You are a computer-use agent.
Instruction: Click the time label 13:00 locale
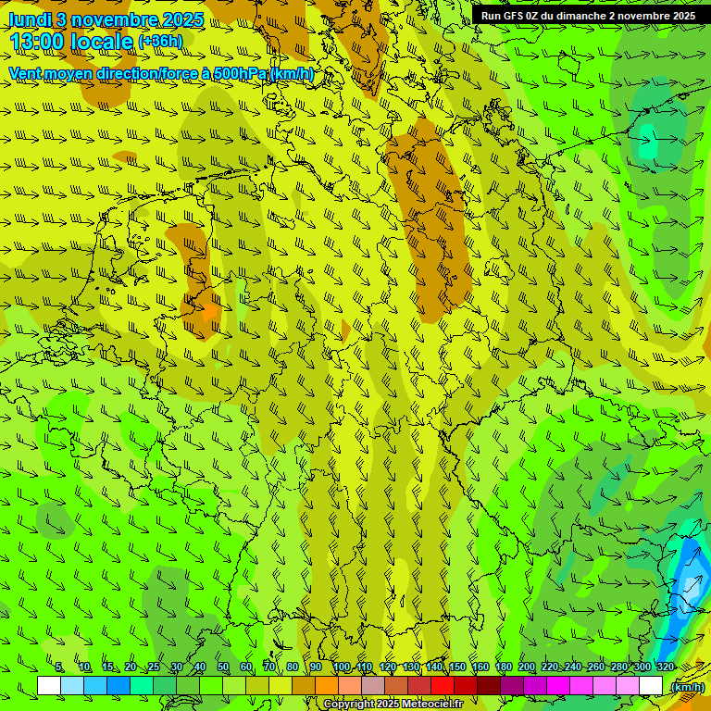(71, 42)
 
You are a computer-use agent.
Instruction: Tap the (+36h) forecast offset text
(160, 42)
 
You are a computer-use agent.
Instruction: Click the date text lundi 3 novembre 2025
(106, 19)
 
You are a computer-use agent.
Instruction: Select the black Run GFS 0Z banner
(588, 16)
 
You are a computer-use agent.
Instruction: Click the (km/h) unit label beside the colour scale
(686, 687)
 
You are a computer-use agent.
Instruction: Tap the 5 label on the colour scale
(59, 667)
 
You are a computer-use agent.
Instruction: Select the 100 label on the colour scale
(342, 667)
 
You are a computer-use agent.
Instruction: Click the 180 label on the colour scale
(503, 667)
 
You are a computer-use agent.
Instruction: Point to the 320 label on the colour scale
(665, 667)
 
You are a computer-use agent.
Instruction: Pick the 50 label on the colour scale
(223, 667)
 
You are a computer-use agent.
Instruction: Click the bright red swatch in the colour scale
(443, 686)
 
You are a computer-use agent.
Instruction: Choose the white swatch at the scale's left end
(49, 686)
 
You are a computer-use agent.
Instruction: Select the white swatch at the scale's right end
(651, 686)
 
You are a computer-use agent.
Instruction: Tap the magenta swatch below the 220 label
(558, 686)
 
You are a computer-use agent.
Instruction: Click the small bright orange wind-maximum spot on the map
(209, 312)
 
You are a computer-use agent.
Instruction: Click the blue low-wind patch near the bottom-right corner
(689, 579)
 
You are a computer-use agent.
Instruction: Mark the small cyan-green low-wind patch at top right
(647, 144)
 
